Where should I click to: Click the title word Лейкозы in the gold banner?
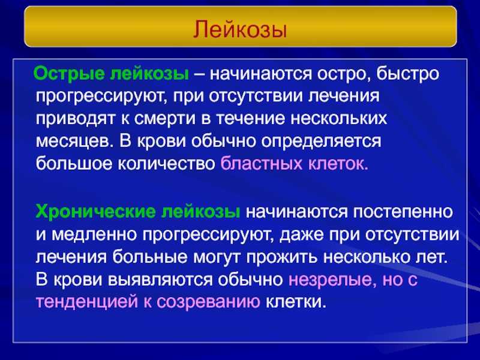[x=240, y=29]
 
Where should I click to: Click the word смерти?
[x=164, y=118]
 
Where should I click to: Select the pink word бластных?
[x=262, y=164]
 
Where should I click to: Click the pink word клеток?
[x=338, y=164]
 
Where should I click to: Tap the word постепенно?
[x=403, y=212]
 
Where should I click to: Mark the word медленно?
[x=94, y=235]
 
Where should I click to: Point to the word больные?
[x=149, y=257]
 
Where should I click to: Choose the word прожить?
[x=281, y=257]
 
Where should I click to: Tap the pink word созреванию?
[x=208, y=302]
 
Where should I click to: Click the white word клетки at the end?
[x=295, y=302]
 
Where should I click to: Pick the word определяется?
[x=321, y=142]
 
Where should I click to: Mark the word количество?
[x=167, y=164]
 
